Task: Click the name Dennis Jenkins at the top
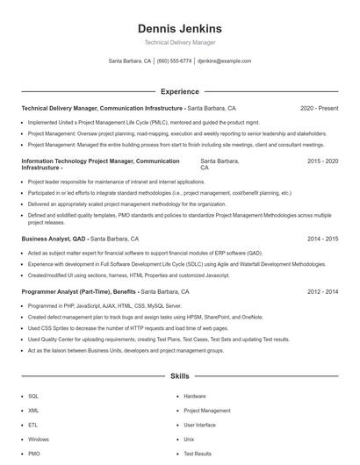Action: click(179, 28)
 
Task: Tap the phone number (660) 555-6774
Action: click(174, 61)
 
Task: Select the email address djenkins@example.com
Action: click(225, 61)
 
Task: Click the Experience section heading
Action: click(179, 91)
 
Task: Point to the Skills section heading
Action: click(179, 376)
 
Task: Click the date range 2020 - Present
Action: click(320, 108)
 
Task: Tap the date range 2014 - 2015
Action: click(321, 238)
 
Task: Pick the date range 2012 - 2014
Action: click(321, 291)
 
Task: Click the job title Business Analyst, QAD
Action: click(54, 238)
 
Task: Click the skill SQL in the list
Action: click(33, 396)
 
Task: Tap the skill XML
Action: click(33, 410)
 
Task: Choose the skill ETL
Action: click(33, 425)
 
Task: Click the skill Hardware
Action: click(195, 396)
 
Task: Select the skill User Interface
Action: click(199, 425)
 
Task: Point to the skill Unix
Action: click(189, 439)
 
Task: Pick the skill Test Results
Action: click(198, 454)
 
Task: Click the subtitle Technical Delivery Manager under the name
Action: click(179, 42)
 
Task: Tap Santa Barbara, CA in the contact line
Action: click(130, 61)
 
